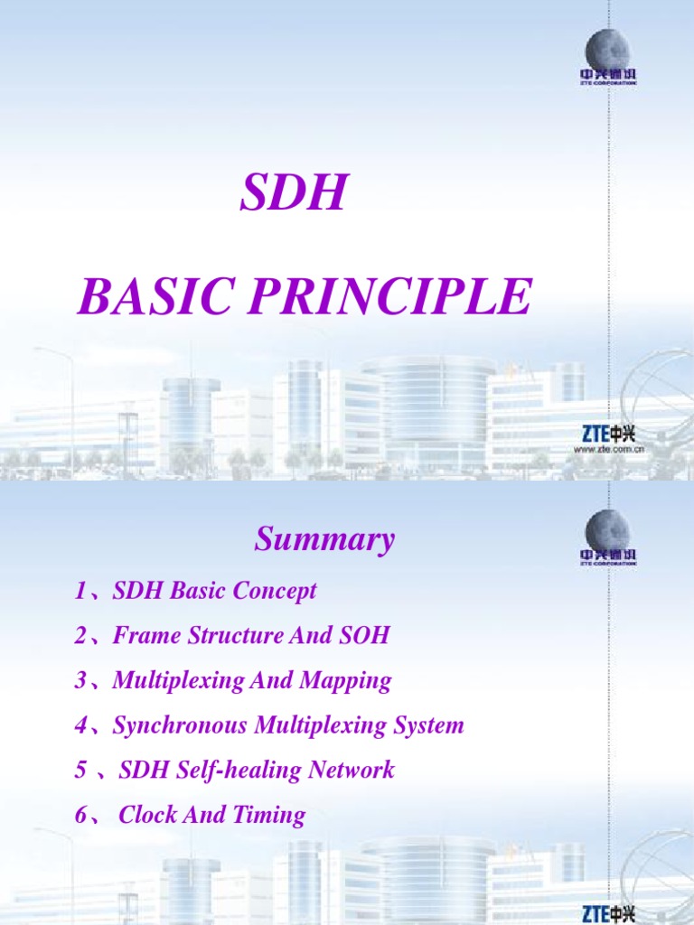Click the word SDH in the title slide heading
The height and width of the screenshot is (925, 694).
(x=293, y=194)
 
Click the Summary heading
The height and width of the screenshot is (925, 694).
(x=324, y=540)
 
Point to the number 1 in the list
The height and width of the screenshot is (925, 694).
(x=80, y=592)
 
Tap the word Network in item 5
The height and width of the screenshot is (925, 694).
(x=352, y=771)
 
